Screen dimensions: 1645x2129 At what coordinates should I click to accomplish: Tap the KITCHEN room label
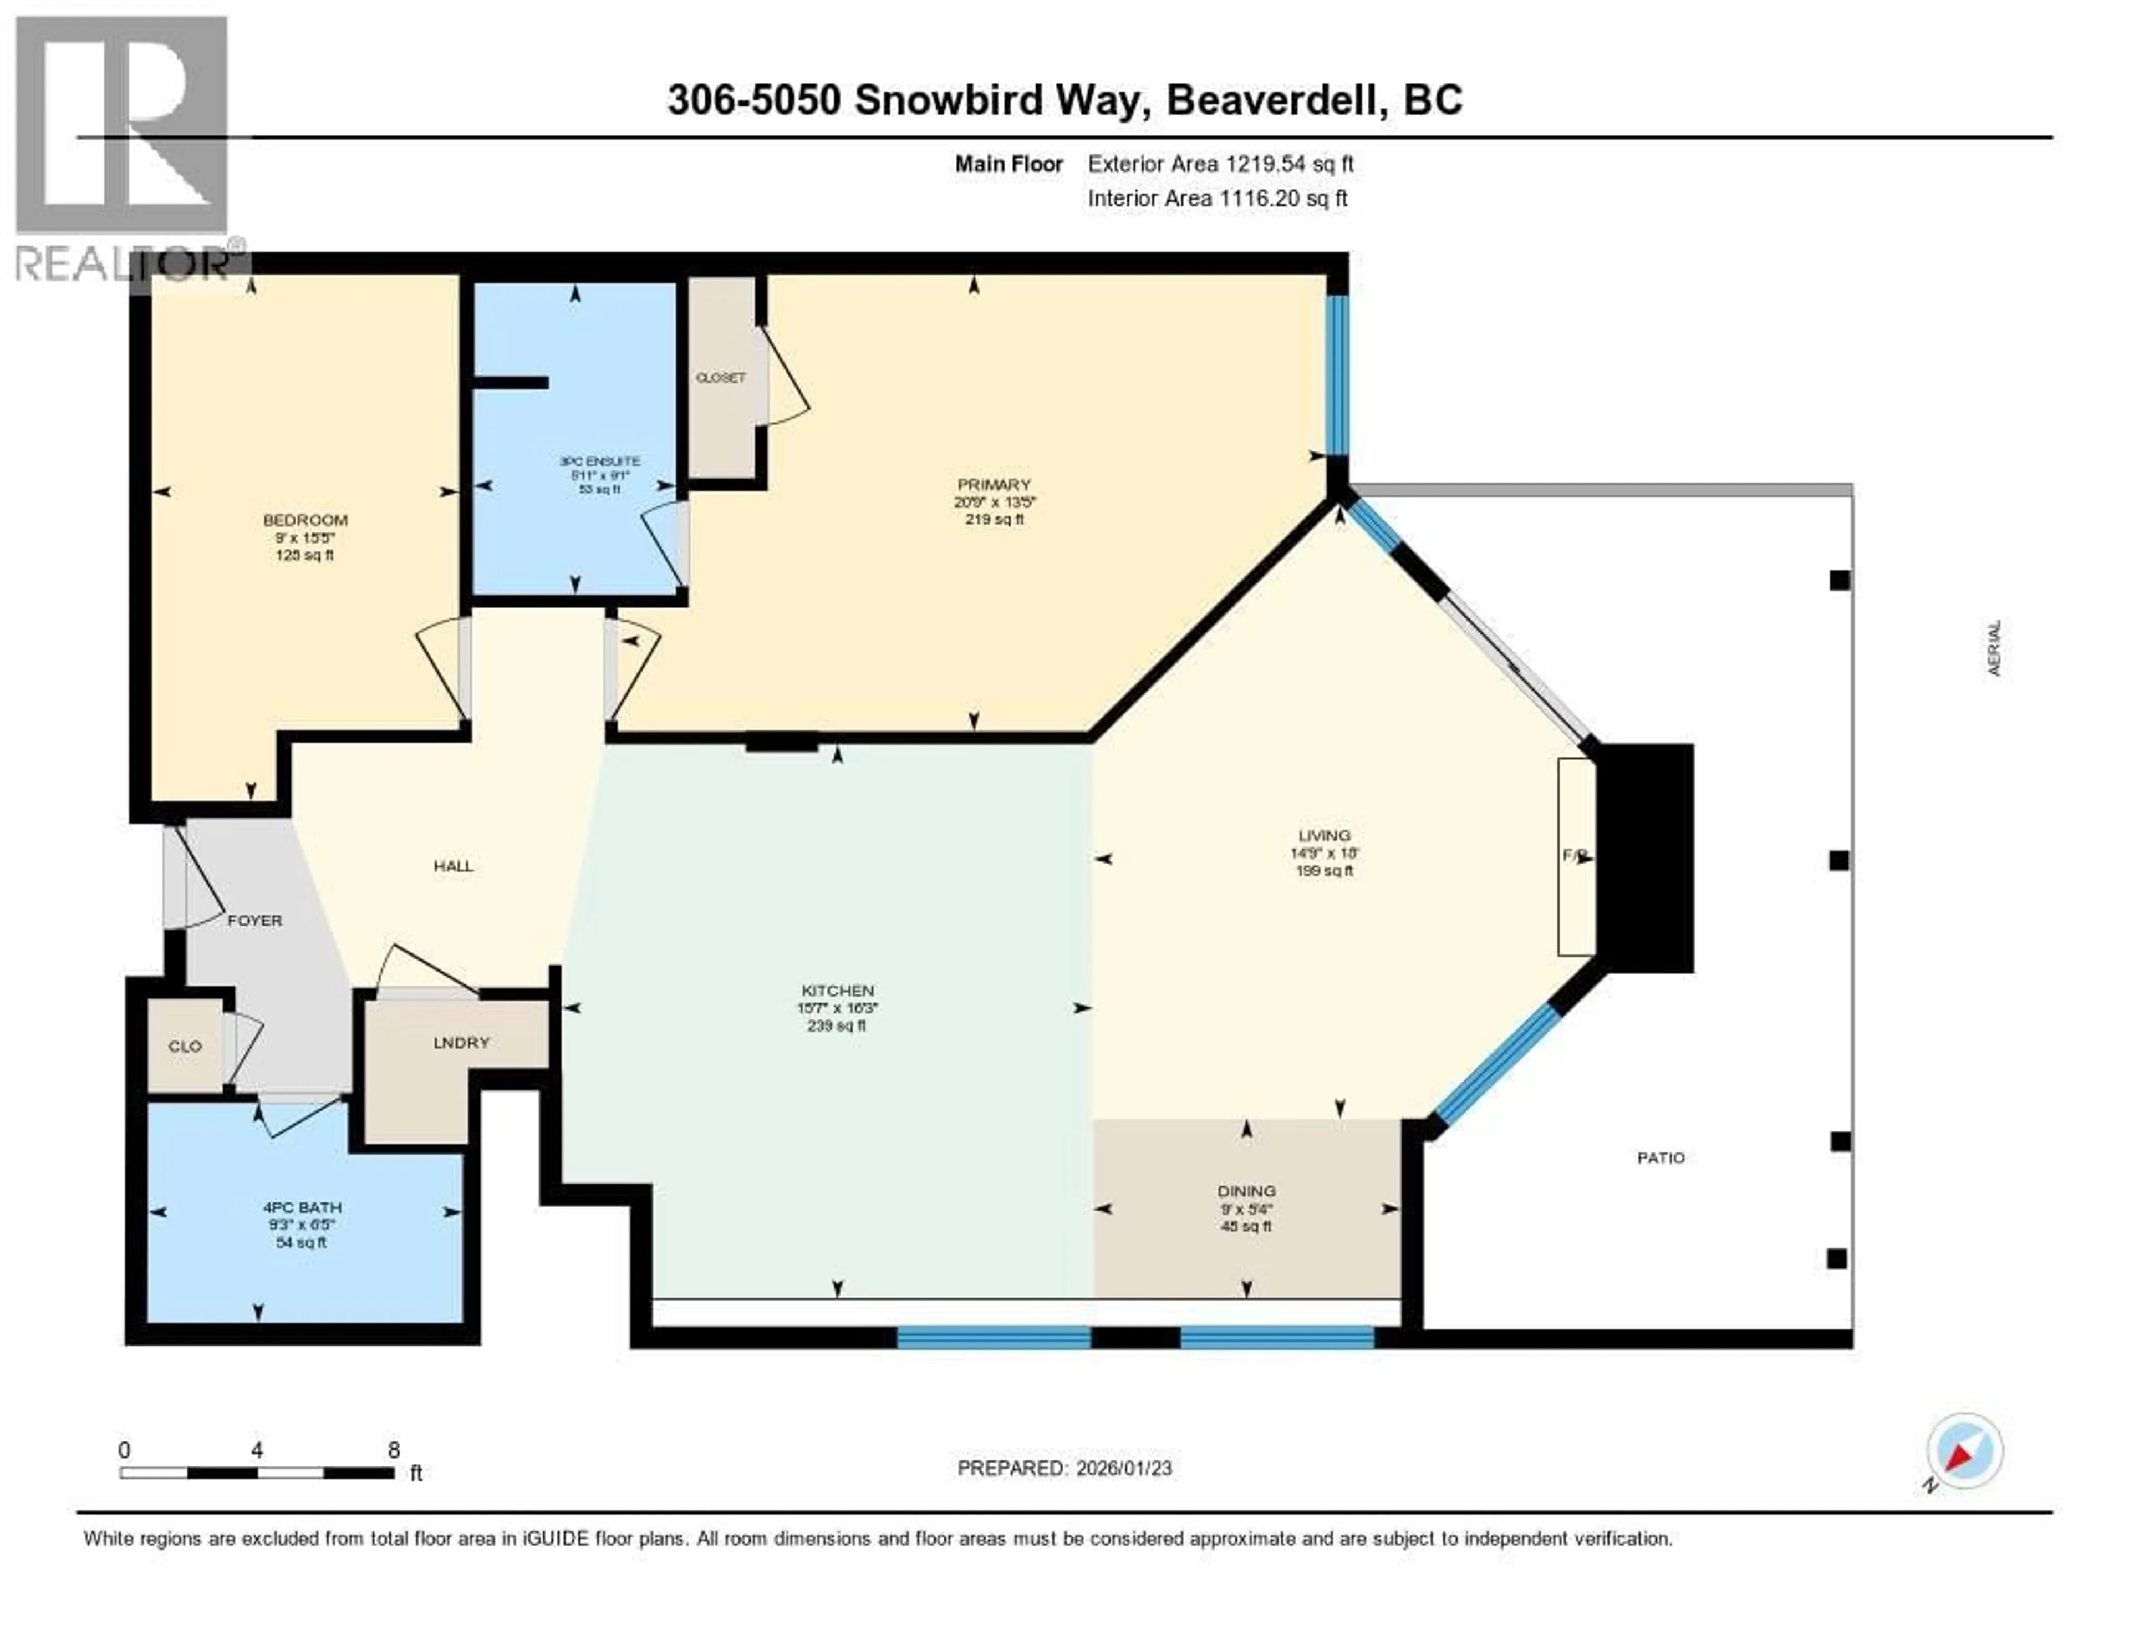[837, 990]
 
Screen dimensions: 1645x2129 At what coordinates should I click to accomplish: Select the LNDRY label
[461, 1042]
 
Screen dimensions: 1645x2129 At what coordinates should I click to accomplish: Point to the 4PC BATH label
[301, 1207]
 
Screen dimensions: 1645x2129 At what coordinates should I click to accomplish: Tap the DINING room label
[1246, 1191]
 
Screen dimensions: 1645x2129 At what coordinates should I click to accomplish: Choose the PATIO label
[1660, 1157]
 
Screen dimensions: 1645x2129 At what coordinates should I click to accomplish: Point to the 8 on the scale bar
[394, 1450]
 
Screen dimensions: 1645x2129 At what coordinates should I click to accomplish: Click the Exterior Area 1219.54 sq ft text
[1220, 164]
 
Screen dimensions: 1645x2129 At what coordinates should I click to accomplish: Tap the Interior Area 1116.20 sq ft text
[1216, 198]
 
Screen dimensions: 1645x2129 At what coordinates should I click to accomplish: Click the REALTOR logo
[124, 146]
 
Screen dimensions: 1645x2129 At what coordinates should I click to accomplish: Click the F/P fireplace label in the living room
[1575, 855]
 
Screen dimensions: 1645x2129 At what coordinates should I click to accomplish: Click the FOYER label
[254, 920]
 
